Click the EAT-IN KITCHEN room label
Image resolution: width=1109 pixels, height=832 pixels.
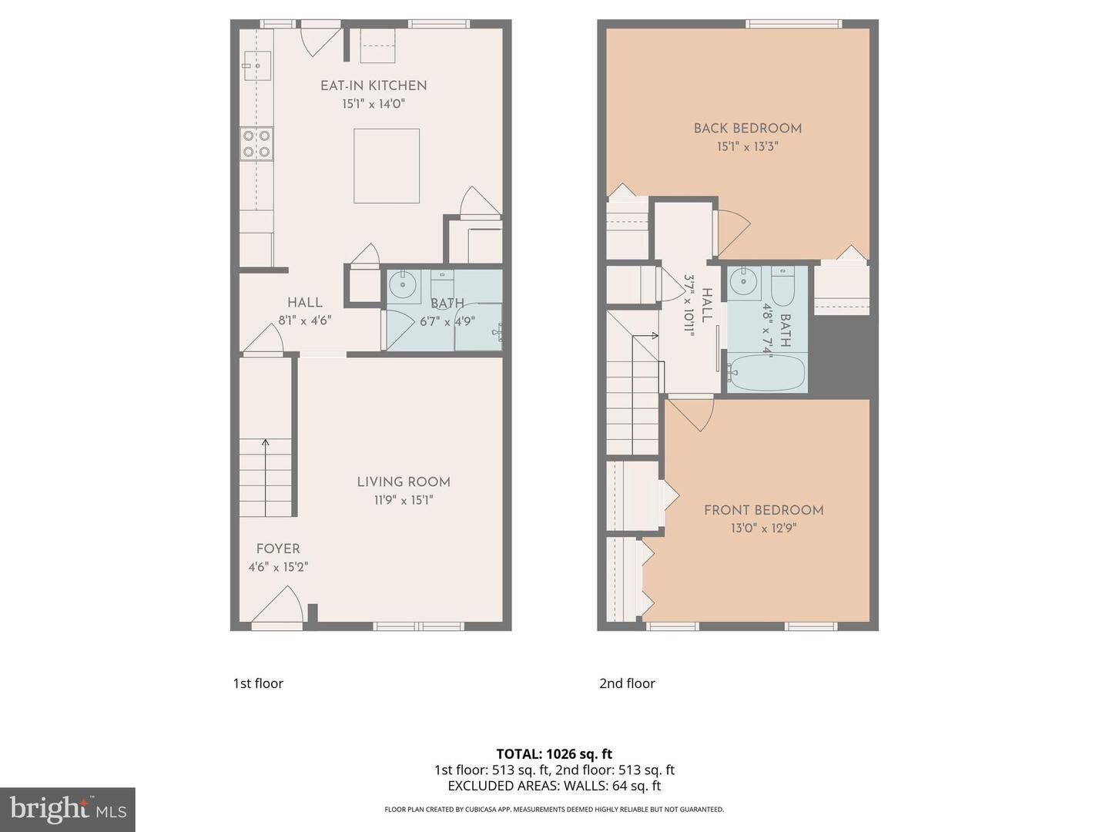374,86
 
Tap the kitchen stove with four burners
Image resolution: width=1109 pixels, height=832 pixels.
256,143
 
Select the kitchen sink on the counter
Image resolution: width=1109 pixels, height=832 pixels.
256,66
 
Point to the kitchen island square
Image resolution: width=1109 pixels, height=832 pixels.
387,166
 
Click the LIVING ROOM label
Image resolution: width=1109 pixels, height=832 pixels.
404,482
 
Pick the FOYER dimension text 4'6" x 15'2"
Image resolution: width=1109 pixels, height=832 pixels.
278,568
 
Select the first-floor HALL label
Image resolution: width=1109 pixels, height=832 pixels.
305,303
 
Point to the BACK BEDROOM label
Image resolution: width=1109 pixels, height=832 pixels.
748,129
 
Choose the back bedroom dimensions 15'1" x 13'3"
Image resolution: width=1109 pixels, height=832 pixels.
748,147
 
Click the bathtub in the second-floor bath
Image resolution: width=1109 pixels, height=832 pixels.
767,374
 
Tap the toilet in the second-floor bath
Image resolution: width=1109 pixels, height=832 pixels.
783,285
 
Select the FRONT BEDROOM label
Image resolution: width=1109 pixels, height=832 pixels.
764,510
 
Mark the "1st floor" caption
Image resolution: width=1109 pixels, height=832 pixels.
258,683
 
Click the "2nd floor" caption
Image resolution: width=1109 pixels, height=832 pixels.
627,683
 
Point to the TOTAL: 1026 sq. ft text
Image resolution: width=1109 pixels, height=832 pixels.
554,754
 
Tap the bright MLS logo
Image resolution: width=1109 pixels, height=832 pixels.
68,809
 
